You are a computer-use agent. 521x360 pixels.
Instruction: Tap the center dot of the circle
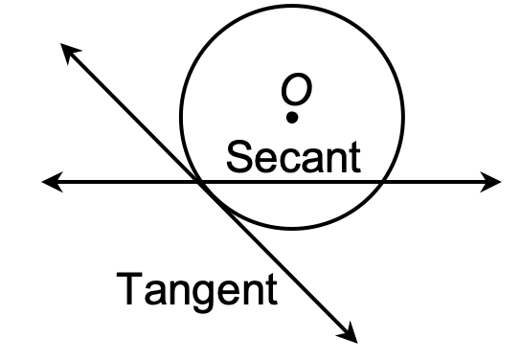[292, 118]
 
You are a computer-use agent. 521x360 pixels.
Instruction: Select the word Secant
[293, 156]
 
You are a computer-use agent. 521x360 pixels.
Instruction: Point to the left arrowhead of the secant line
[50, 181]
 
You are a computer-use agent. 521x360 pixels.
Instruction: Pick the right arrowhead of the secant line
[492, 181]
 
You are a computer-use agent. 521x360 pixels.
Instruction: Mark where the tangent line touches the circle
[201, 181]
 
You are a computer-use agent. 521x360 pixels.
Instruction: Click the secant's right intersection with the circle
[383, 181]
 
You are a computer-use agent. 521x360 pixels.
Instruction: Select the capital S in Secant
[238, 156]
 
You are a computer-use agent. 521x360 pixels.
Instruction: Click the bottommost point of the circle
[292, 230]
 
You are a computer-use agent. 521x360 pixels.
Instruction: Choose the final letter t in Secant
[354, 156]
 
